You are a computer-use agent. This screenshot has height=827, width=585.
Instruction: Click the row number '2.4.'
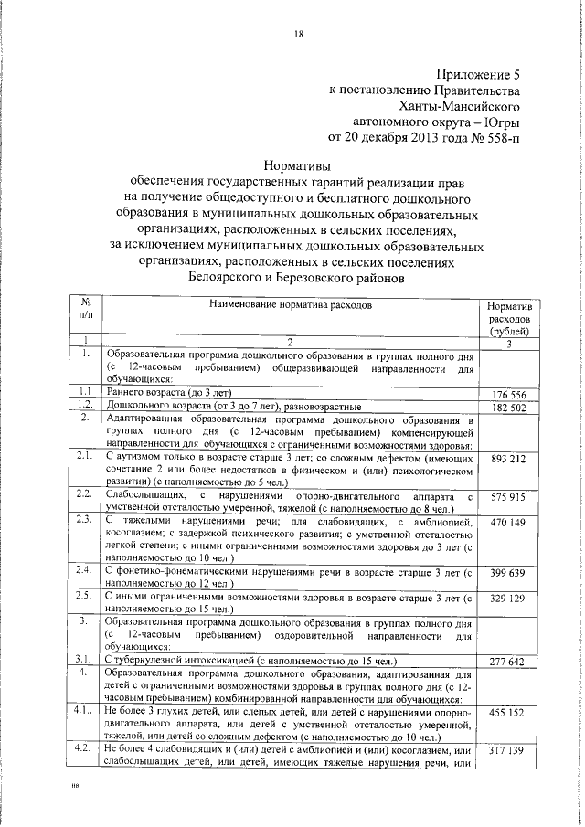click(x=85, y=571)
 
